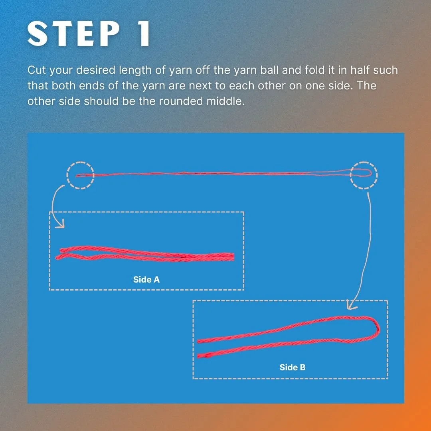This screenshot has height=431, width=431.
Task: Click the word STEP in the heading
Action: (x=74, y=34)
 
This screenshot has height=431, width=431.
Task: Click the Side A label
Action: (x=146, y=279)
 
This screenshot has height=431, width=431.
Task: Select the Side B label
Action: (x=293, y=367)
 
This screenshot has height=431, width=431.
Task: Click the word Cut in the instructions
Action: (x=37, y=70)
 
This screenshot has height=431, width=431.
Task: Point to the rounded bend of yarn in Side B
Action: (x=378, y=328)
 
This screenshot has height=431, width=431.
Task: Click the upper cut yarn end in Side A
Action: (x=62, y=250)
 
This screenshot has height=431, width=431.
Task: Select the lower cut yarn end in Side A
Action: (x=57, y=258)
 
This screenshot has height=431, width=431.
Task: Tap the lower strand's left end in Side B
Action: (x=199, y=356)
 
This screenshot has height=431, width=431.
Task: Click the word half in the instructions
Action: (x=360, y=70)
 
